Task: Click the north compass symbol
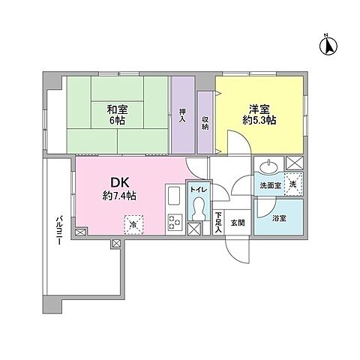coord(328,45)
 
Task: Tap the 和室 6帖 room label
coord(117,115)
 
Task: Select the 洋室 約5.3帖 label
coord(259,115)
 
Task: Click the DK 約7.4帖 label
coord(119,189)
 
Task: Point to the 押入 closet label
coord(183,115)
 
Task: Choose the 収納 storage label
coord(205,123)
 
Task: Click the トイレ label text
coord(199,190)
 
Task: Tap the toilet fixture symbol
coord(199,208)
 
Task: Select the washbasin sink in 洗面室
coord(269,166)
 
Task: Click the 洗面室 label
coord(271,185)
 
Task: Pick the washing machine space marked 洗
coord(293,184)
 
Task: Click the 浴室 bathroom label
coord(279,218)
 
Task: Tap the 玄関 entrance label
coord(238,223)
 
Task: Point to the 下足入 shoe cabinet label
coord(219,222)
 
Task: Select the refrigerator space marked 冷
coord(133,224)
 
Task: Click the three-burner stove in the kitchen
coord(175,222)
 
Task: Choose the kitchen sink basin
coord(175,196)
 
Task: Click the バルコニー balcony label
coord(58,231)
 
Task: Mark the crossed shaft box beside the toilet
coord(194,229)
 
